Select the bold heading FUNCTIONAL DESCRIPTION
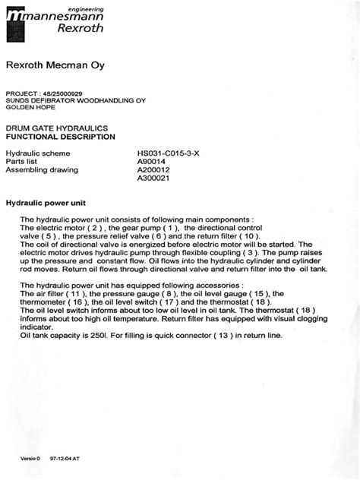pyautogui.click(x=61, y=137)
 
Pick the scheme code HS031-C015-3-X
pyautogui.click(x=168, y=153)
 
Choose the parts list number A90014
pyautogui.click(x=152, y=162)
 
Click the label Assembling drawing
pyautogui.click(x=37, y=170)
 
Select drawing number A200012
pyautogui.click(x=154, y=170)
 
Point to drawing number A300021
pyautogui.click(x=154, y=179)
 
